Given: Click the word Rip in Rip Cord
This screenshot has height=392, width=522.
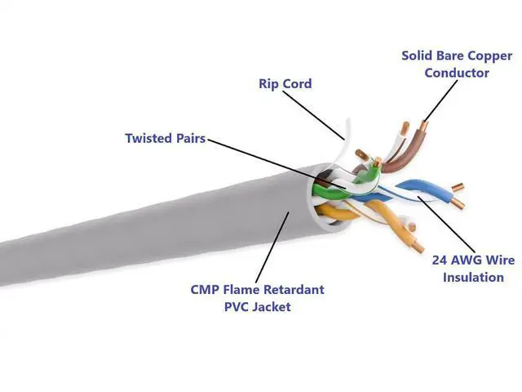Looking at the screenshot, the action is [x=268, y=83].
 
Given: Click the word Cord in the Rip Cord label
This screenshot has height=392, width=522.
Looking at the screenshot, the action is [x=297, y=83].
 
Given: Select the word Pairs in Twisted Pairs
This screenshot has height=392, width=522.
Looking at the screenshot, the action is [x=189, y=138].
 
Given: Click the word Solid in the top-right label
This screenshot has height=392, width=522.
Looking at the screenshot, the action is [x=418, y=56].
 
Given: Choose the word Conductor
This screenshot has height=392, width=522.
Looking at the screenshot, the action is [x=457, y=73].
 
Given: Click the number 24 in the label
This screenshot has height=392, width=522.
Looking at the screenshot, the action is [x=440, y=261].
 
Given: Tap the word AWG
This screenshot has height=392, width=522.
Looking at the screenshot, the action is [x=469, y=261].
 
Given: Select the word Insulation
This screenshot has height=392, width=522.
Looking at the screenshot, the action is [x=474, y=277].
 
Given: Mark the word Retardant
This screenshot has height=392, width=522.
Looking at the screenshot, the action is [x=294, y=290].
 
